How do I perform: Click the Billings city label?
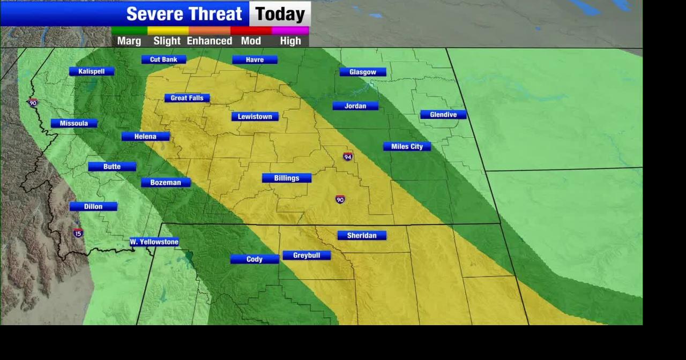coord(287,178)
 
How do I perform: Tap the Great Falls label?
coord(187,98)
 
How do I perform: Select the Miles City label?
coord(407,146)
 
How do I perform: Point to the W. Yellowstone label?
coord(154,242)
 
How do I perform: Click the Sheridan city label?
coord(362,235)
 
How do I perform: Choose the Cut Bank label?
coord(163,59)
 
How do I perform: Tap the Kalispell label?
coord(92,71)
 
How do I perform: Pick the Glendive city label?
coord(443,115)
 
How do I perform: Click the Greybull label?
coord(307,256)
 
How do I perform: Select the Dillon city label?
coord(93,206)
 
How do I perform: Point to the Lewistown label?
coord(255,116)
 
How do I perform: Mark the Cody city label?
coord(255,259)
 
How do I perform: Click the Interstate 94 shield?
coord(348,156)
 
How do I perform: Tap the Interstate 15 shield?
coord(78,233)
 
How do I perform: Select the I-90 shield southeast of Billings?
coord(340,199)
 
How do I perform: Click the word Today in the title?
coord(280,14)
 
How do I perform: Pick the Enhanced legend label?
coord(210,41)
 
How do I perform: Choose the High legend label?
coord(290,41)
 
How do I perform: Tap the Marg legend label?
coord(129,41)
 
